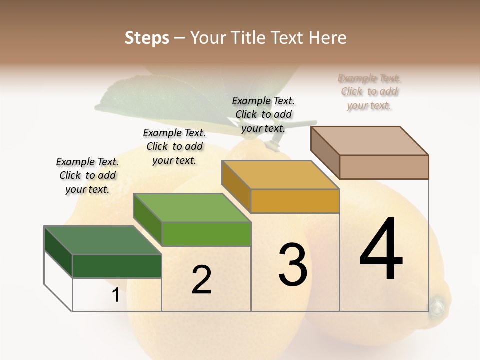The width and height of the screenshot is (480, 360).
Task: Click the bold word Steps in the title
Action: click(147, 38)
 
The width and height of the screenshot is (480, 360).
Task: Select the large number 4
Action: click(381, 250)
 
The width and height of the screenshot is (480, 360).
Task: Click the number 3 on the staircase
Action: click(292, 265)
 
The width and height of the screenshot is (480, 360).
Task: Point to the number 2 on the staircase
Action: click(201, 280)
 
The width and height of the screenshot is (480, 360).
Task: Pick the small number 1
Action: click(115, 295)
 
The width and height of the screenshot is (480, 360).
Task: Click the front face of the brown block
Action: click(384, 167)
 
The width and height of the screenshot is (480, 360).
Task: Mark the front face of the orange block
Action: click(295, 201)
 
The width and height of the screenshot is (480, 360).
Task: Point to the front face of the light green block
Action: click(206, 234)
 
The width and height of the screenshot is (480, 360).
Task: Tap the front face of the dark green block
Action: click(117, 266)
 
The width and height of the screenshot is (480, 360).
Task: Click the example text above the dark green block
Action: click(87, 175)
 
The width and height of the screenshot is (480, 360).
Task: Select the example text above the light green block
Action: click(174, 146)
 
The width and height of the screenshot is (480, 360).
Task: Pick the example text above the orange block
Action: click(263, 114)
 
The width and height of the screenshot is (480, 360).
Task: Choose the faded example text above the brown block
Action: click(369, 91)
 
